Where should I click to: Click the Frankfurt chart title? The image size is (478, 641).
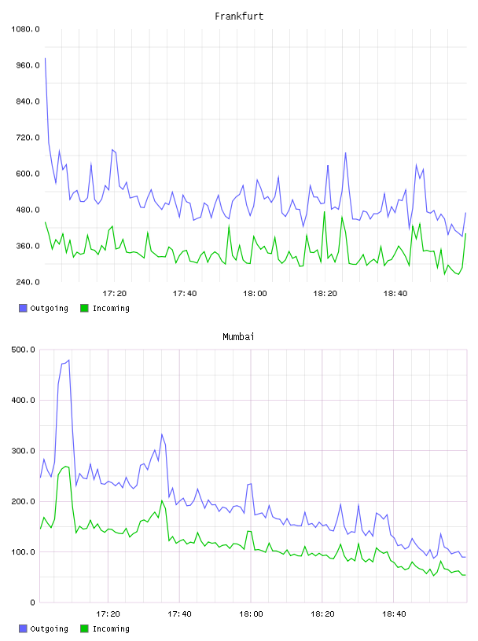coord(239,16)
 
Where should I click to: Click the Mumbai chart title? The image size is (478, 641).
coord(238,337)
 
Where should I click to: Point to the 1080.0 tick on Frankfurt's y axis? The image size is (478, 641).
coord(26,29)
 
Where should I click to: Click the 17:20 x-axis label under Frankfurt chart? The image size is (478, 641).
coord(115,294)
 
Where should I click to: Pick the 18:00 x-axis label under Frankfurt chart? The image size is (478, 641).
coord(255,294)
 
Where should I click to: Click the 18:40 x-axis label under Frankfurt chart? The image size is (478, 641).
coord(395,294)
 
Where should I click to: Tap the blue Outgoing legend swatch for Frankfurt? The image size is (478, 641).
coord(23,308)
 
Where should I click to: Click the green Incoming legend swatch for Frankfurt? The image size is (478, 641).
coord(84,308)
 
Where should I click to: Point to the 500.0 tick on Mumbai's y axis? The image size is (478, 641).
coord(24,350)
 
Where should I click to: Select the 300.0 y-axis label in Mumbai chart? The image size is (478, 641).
coord(24,450)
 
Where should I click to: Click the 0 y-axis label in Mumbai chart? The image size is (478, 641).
coord(33,603)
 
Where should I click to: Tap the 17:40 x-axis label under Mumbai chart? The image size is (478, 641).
coord(180,614)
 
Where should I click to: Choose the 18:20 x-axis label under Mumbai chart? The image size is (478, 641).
coord(322,614)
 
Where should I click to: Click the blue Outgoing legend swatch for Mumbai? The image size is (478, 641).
coord(23,628)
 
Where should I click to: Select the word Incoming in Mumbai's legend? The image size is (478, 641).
coord(111,629)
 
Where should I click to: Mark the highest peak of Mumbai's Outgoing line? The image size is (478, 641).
coord(68,360)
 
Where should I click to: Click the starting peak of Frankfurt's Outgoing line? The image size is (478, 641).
coord(45,58)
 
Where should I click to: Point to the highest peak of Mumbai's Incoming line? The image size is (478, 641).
coord(65,466)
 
